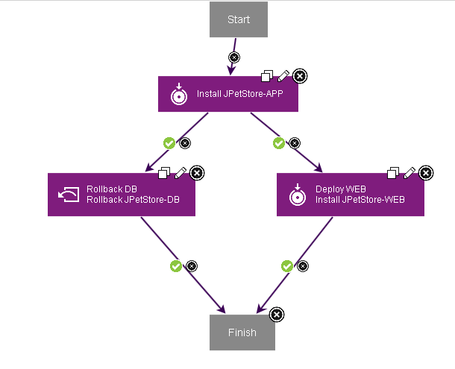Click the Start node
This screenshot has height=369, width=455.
pyautogui.click(x=238, y=19)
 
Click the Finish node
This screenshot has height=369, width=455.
pyautogui.click(x=242, y=332)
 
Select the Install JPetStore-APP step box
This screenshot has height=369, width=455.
pyautogui.click(x=228, y=95)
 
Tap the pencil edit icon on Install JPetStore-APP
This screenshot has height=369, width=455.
pyautogui.click(x=283, y=75)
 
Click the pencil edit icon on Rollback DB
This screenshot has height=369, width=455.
pyautogui.click(x=181, y=173)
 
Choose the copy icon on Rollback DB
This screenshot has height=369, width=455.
pyautogui.click(x=165, y=173)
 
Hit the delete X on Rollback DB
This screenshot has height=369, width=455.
pyautogui.click(x=197, y=173)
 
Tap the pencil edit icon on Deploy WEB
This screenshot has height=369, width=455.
pyautogui.click(x=409, y=173)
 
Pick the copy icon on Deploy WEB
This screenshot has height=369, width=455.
pyautogui.click(x=393, y=173)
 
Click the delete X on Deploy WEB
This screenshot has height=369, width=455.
pyautogui.click(x=426, y=173)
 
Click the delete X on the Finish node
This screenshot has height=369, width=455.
pyautogui.click(x=276, y=315)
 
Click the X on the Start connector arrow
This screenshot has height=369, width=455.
pyautogui.click(x=234, y=57)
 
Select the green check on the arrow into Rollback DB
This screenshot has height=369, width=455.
pyautogui.click(x=169, y=142)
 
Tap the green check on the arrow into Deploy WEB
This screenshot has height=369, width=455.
pyautogui.click(x=279, y=142)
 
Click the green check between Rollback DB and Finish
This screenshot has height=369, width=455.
pyautogui.click(x=176, y=265)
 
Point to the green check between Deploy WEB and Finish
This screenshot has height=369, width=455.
pyautogui.click(x=287, y=265)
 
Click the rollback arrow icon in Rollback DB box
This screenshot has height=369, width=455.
pyautogui.click(x=68, y=195)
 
